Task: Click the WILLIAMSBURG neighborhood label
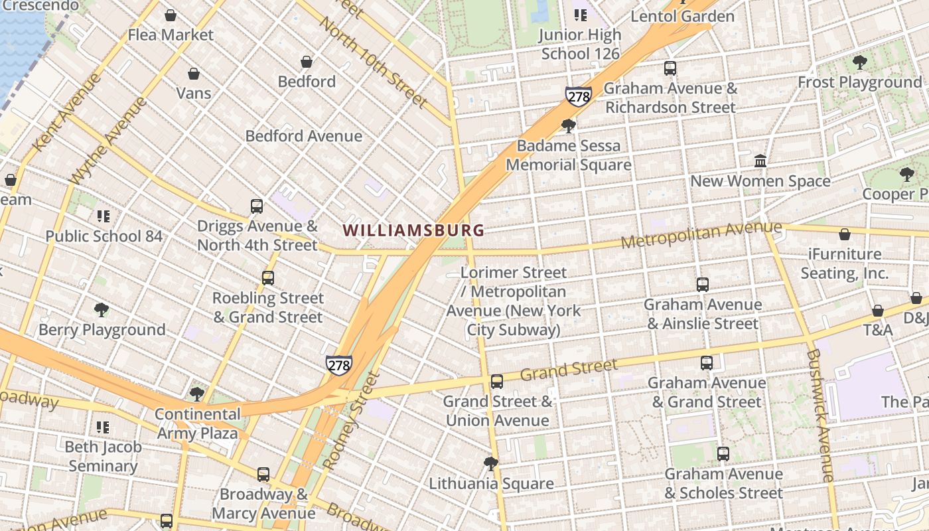pos(413,230)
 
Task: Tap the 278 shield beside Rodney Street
pos(338,364)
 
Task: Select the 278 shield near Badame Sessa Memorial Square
pos(578,96)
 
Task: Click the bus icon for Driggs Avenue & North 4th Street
pos(257,206)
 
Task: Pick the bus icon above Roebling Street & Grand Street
pos(268,278)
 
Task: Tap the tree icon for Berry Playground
pos(102,310)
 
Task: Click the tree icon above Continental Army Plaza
pos(197,394)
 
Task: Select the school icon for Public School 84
pos(104,216)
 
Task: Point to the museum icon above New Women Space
pos(760,161)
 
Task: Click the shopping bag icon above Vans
pos(194,74)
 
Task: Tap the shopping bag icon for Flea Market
pos(171,15)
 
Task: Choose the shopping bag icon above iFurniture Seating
pos(845,234)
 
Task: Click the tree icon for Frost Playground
pos(859,63)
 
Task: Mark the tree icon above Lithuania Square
pos(491,464)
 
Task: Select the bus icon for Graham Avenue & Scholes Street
pos(723,454)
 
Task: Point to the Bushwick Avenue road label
pos(820,415)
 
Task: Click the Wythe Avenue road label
pos(109,141)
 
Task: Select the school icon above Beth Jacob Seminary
pos(103,427)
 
